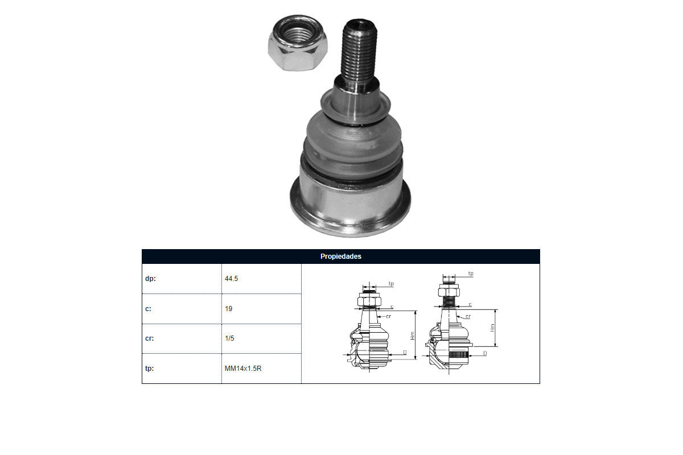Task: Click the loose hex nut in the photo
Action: pos(298,43)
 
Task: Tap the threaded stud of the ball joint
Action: pos(359,52)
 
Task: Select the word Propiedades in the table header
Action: pos(340,257)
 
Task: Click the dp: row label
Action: pos(150,279)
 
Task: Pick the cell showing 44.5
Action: pos(231,279)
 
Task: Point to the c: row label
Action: pos(148,309)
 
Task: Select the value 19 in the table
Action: pos(228,309)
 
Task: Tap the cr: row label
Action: pos(149,338)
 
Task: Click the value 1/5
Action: pos(229,338)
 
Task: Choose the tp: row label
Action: pos(149,369)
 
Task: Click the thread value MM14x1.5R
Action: pos(243,369)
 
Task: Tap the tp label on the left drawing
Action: pos(391,284)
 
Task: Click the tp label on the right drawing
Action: pos(471,274)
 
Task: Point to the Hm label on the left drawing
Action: pos(413,336)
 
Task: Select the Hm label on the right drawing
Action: pos(492,328)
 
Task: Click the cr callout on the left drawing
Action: pos(388,316)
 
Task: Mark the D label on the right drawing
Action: pos(485,353)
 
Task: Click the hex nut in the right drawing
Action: pos(449,290)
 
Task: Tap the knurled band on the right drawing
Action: pos(458,354)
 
